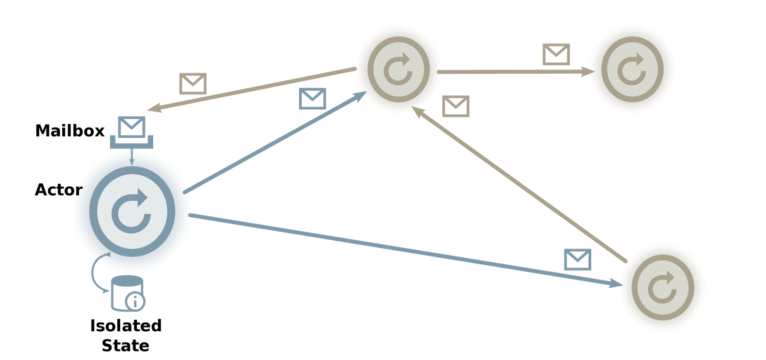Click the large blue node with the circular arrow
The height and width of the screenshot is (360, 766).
[x=132, y=212]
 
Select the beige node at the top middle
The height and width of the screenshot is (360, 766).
[x=398, y=70]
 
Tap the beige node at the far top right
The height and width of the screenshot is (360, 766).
[x=632, y=70]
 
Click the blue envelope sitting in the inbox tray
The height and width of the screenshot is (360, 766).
[x=132, y=126]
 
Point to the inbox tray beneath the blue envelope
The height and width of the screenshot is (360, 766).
[x=132, y=143]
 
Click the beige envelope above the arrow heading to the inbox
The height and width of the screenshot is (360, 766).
[x=193, y=83]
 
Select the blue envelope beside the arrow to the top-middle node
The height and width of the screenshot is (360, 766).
[x=312, y=98]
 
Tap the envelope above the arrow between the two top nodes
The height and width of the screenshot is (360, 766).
[x=556, y=54]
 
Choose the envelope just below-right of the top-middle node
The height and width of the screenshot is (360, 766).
[x=456, y=106]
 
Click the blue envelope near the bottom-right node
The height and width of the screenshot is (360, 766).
[x=577, y=259]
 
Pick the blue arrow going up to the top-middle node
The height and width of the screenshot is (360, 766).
[x=273, y=144]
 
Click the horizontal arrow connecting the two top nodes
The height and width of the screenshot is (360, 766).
[x=515, y=72]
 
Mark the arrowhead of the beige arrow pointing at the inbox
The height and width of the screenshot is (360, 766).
[x=152, y=109]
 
